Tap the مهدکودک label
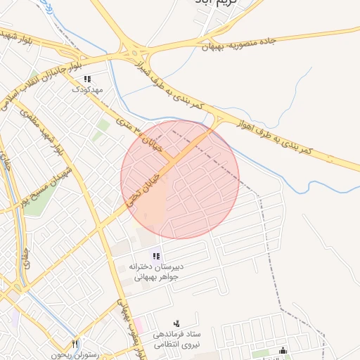point(88,90)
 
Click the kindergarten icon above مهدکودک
point(87,79)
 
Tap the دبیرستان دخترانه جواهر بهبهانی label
point(155,271)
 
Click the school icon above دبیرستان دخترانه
point(155,257)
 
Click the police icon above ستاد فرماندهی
point(176,323)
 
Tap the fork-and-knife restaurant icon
point(75,344)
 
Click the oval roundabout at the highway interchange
point(131,52)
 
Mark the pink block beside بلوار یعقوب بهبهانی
point(138,325)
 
